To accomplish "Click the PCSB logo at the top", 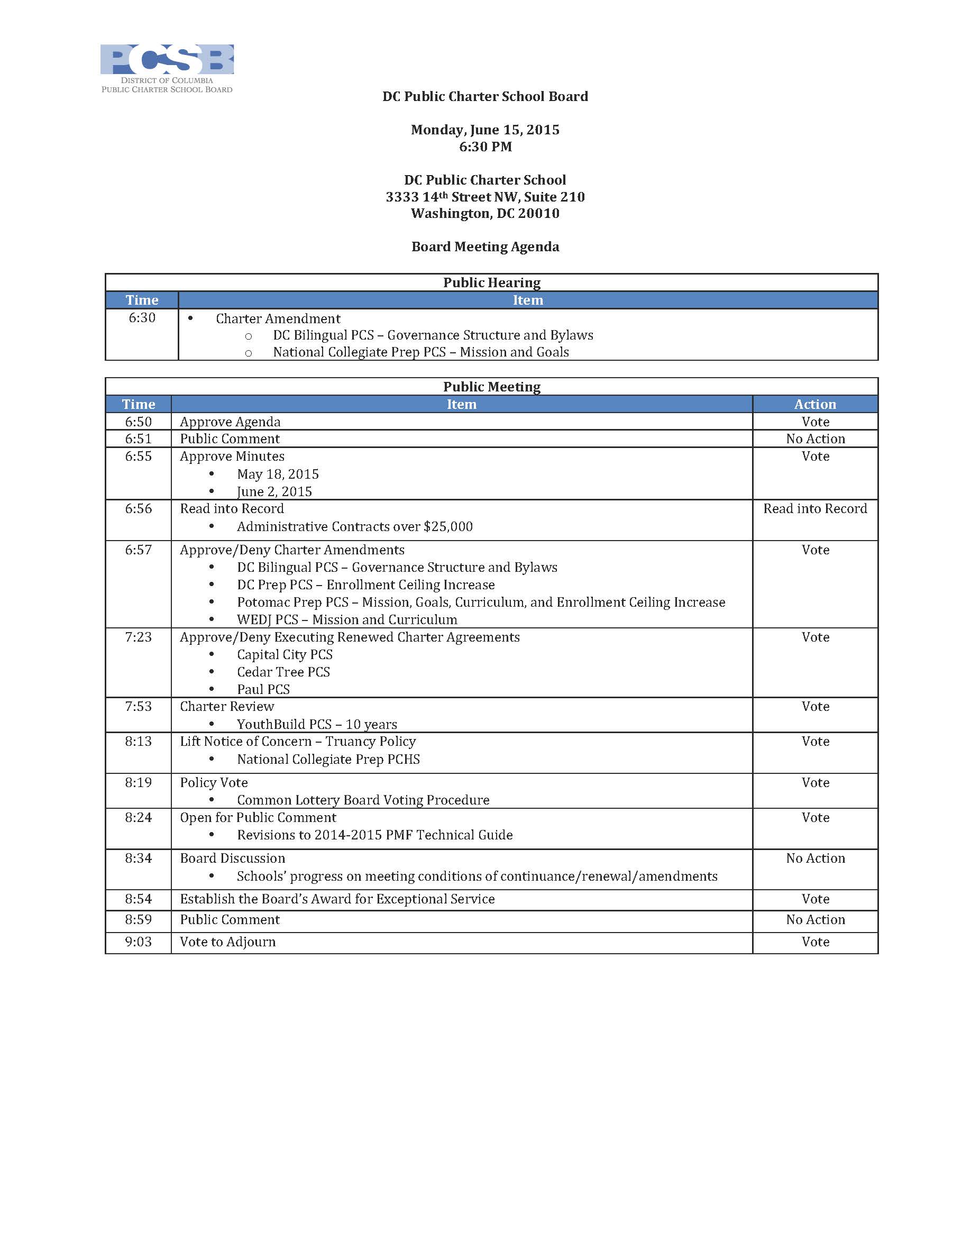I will pyautogui.click(x=167, y=68).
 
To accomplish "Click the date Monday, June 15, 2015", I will pyautogui.click(x=484, y=130).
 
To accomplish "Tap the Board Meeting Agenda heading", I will pyautogui.click(x=484, y=246).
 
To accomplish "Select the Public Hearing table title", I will pyautogui.click(x=491, y=282).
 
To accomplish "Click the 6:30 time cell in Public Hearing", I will pyautogui.click(x=142, y=318).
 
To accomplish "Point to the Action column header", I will pyautogui.click(x=814, y=404).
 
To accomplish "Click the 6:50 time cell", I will pyautogui.click(x=138, y=422).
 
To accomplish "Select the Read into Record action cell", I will pyautogui.click(x=814, y=509).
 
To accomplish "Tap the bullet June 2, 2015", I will pyautogui.click(x=274, y=491).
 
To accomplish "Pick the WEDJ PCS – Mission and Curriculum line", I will pyautogui.click(x=346, y=619).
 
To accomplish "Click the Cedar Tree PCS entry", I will pyautogui.click(x=283, y=672).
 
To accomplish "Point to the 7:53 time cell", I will pyautogui.click(x=138, y=706).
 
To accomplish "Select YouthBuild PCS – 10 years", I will pyautogui.click(x=317, y=724).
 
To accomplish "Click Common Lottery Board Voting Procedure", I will pyautogui.click(x=363, y=800).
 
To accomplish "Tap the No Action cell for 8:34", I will pyautogui.click(x=814, y=858).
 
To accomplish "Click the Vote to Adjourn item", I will pyautogui.click(x=227, y=942).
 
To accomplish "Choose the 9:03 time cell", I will pyautogui.click(x=138, y=942).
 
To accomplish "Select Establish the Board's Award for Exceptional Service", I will pyautogui.click(x=337, y=899).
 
